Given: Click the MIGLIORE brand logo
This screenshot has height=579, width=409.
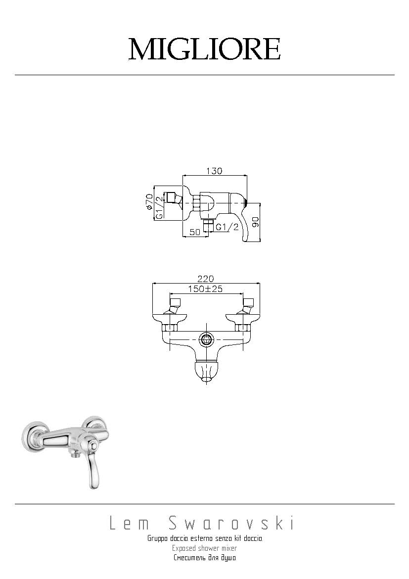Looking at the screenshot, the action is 205,49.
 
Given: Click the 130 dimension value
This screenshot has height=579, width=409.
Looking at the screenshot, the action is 215,171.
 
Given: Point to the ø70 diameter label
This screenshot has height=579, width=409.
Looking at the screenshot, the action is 149,202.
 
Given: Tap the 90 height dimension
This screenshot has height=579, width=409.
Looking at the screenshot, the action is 256,222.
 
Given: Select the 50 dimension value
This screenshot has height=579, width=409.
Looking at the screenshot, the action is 194,232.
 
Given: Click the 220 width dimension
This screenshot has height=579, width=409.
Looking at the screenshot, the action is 206,279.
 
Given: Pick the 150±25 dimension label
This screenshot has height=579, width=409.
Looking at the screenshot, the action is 206,289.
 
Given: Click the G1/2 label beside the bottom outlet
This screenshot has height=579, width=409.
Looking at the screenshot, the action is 227,227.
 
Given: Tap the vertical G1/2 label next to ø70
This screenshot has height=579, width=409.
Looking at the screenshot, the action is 159,207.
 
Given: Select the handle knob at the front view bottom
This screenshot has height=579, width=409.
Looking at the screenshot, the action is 206,372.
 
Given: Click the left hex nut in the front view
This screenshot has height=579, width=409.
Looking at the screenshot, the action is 170,327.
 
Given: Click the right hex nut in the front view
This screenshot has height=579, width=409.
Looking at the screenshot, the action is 243,327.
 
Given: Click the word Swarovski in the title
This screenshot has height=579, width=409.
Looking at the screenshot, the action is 231,524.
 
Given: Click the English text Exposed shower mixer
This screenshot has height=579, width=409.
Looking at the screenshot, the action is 205,548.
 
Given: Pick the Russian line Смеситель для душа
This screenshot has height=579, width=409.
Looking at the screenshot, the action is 205,558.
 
